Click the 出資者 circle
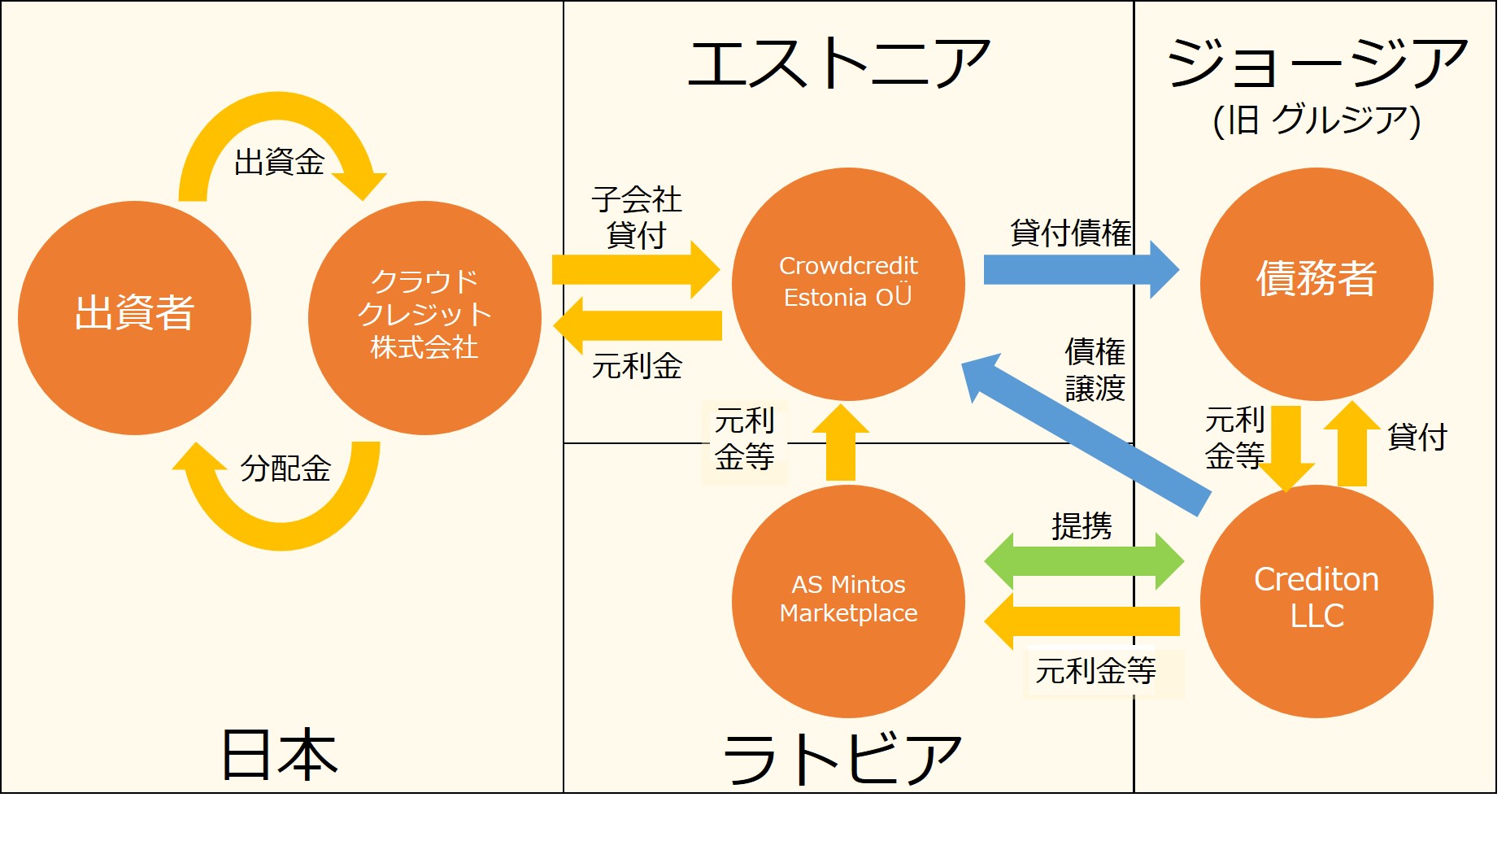pos(134,317)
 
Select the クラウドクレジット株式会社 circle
pos(424,317)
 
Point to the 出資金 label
pos(279,162)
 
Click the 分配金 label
pos(285,468)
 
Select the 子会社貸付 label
pos(636,216)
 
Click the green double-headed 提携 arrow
pos(1083,561)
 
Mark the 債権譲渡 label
pos(1095,370)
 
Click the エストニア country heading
pos(839,63)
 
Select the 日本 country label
pos(279,754)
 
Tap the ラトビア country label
pos(842,758)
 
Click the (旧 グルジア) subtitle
pos(1317,120)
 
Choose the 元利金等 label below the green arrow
pos(1095,671)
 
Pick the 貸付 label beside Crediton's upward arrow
pos(1417,437)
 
